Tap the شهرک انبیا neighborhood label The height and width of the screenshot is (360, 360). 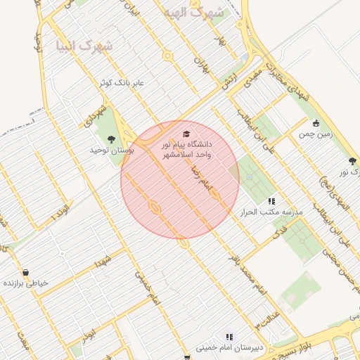pos(88,46)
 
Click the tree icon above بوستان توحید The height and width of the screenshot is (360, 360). pos(111,139)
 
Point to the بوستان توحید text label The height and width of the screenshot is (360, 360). pos(112,150)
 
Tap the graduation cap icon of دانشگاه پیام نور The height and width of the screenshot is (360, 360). pos(186,134)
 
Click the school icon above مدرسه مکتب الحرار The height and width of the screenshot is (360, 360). pos(271,200)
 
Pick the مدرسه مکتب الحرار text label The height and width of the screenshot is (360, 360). pos(271,212)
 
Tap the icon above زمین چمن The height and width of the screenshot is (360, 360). pos(316,123)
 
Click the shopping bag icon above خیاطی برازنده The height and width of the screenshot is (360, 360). pos(26,273)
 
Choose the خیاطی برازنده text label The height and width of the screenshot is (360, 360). pos(26,283)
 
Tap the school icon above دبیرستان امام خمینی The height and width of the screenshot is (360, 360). pos(229,337)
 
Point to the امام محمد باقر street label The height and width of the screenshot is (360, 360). pos(237,264)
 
